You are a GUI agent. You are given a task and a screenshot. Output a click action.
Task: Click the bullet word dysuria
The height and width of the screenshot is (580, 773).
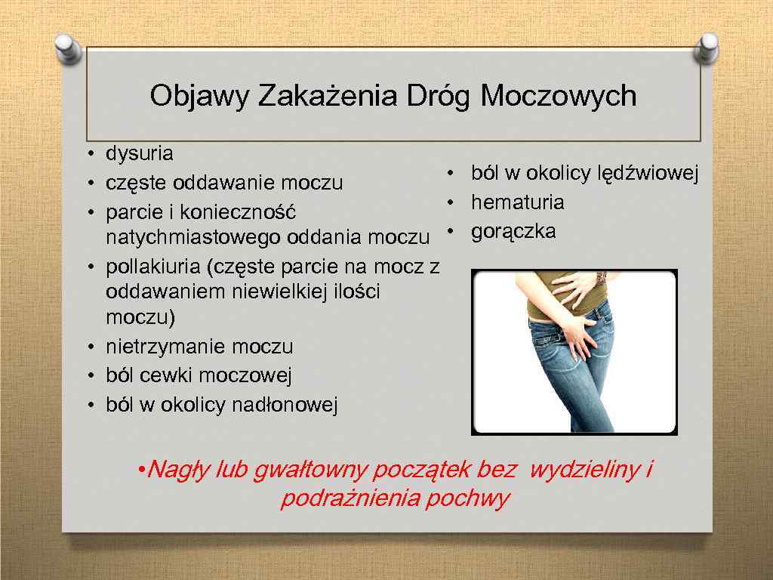coord(140,154)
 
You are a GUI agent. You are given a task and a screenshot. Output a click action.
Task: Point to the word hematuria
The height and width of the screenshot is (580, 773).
coord(517,202)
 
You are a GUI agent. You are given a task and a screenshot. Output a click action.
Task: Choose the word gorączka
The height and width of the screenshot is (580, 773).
coord(513,231)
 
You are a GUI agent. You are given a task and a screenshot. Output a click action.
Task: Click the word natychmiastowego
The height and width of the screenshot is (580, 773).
coord(194,238)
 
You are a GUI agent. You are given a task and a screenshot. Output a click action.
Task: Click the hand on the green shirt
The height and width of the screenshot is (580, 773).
coord(574,287)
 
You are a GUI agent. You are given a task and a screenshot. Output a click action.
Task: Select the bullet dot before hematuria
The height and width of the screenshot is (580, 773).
coord(448,202)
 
